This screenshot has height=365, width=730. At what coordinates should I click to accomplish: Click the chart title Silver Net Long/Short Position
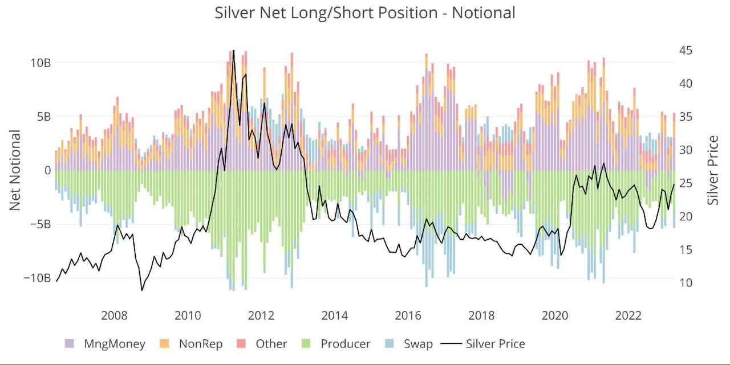(x=365, y=13)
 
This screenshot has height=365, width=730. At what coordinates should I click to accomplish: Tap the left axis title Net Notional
(x=15, y=170)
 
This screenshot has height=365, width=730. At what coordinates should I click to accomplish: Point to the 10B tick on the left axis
(x=40, y=63)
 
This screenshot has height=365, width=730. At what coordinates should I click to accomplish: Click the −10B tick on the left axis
(x=36, y=278)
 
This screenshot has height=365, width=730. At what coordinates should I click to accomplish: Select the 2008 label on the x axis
(x=114, y=315)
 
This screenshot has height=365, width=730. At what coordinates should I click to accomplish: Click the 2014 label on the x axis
(x=335, y=315)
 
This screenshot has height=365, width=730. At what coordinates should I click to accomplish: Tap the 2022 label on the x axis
(x=629, y=315)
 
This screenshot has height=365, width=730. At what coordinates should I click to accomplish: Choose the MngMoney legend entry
(x=105, y=343)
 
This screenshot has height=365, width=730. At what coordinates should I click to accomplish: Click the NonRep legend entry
(x=192, y=343)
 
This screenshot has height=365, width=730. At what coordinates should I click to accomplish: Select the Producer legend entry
(x=337, y=343)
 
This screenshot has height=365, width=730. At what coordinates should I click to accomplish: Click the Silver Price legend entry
(x=485, y=343)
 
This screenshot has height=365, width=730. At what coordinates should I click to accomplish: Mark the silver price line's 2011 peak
(x=233, y=50)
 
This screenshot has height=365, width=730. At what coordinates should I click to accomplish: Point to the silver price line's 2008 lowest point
(x=142, y=290)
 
